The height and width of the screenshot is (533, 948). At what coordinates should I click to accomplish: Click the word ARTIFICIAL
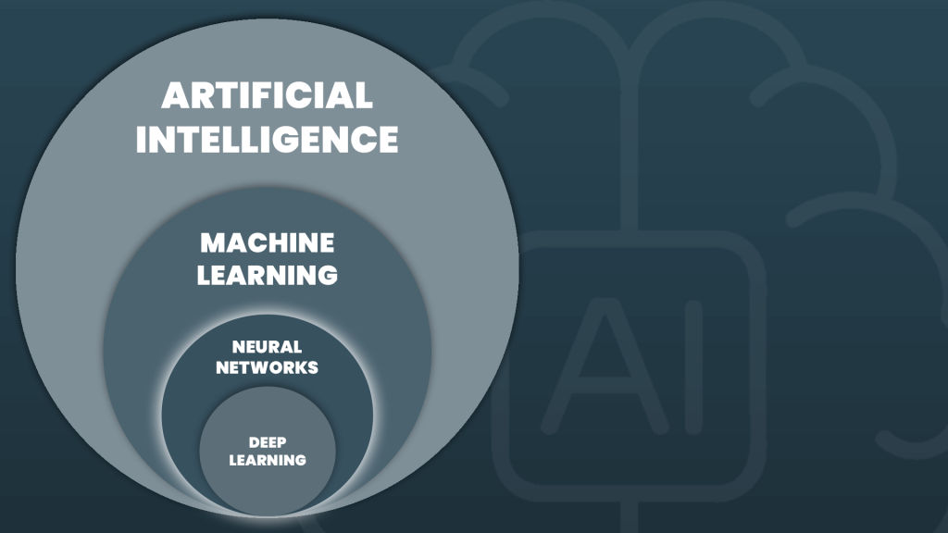click(267, 95)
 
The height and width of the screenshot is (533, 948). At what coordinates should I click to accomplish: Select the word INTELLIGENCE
click(267, 139)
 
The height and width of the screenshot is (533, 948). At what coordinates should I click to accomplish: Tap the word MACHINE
click(268, 243)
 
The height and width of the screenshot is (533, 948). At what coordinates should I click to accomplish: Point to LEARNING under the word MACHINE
click(268, 275)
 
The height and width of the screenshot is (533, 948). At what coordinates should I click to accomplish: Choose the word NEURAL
click(267, 348)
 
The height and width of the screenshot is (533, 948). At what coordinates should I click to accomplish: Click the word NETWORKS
click(267, 367)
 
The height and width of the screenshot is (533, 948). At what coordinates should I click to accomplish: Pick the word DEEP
click(268, 442)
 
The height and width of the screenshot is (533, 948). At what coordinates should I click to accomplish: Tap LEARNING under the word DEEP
click(268, 459)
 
